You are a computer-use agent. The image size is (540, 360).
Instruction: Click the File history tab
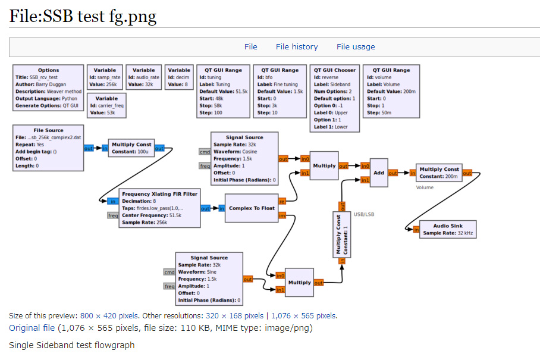tap(297, 47)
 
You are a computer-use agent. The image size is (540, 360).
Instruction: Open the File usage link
tap(356, 47)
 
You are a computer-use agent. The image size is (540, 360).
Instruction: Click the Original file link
tap(32, 328)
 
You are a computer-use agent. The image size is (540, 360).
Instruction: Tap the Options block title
tap(49, 70)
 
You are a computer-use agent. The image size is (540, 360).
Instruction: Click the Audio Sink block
tap(448, 230)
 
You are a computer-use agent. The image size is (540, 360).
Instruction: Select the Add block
tap(379, 173)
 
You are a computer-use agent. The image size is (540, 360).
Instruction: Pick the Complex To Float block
tap(252, 208)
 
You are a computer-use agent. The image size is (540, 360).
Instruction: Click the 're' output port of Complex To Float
tap(282, 202)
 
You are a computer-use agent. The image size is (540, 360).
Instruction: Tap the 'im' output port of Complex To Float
tap(282, 215)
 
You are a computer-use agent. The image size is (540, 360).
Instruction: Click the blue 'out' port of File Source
tap(89, 149)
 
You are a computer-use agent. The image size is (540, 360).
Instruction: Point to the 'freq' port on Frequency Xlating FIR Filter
tap(113, 215)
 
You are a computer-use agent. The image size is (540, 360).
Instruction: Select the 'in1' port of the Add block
tap(365, 180)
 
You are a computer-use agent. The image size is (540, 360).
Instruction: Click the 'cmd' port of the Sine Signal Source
tap(169, 272)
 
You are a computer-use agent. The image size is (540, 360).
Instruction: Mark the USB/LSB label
tap(364, 214)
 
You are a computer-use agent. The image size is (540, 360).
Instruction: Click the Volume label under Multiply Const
tap(425, 187)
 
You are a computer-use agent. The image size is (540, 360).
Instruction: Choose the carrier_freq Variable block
tap(106, 105)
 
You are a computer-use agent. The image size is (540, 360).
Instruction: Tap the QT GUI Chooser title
tap(335, 70)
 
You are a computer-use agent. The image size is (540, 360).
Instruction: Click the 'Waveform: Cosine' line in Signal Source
tap(236, 152)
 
